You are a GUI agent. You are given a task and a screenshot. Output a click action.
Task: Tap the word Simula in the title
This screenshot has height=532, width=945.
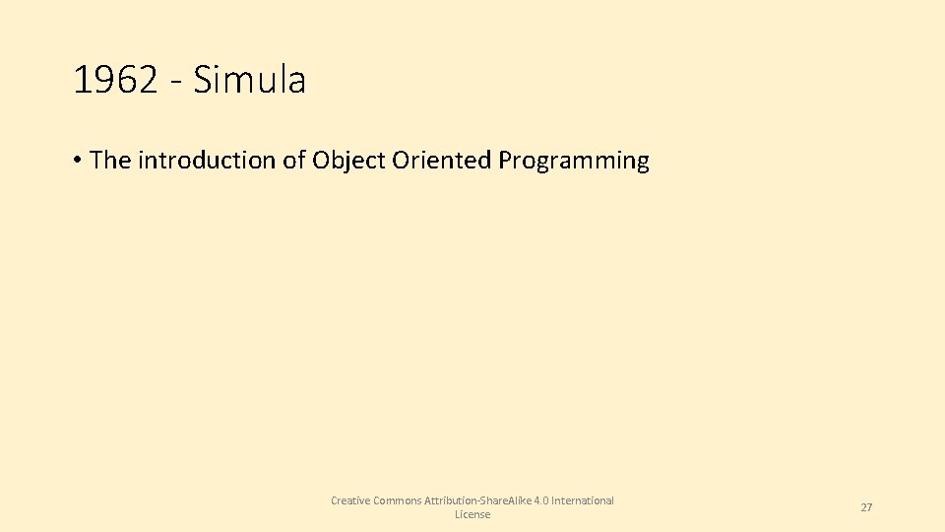pyautogui.click(x=250, y=81)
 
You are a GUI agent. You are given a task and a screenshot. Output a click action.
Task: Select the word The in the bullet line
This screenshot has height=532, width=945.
pyautogui.click(x=110, y=161)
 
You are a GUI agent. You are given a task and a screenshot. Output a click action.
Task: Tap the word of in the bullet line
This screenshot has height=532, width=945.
pyautogui.click(x=294, y=161)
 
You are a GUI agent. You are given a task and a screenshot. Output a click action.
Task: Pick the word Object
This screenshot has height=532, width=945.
pyautogui.click(x=348, y=161)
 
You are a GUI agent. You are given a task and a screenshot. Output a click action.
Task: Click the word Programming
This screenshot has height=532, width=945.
pyautogui.click(x=574, y=161)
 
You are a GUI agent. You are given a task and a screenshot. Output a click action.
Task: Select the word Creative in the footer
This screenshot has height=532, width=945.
pyautogui.click(x=350, y=500)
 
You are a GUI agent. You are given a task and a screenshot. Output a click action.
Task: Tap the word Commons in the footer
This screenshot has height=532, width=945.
pyautogui.click(x=397, y=500)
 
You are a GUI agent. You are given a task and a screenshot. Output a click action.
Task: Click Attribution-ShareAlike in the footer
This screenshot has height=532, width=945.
pyautogui.click(x=477, y=500)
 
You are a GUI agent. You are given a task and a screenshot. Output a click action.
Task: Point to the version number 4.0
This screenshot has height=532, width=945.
pyautogui.click(x=540, y=500)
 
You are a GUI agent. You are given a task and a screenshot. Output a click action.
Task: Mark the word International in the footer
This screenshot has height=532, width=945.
pyautogui.click(x=583, y=500)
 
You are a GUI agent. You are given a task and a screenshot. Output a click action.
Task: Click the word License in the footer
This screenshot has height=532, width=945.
pyautogui.click(x=472, y=515)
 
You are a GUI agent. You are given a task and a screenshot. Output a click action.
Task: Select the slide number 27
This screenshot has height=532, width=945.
pyautogui.click(x=866, y=507)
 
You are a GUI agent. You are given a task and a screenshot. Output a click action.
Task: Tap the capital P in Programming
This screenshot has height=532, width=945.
pyautogui.click(x=506, y=161)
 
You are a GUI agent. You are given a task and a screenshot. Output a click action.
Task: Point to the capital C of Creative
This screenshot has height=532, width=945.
pyautogui.click(x=335, y=500)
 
